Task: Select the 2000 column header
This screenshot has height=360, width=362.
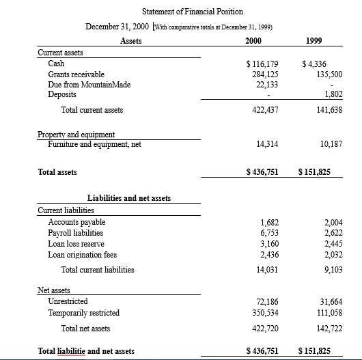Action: [253, 41]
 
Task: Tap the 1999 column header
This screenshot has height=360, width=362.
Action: [315, 41]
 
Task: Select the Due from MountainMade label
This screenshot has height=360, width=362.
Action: [89, 84]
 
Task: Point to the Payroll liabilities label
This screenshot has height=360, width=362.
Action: [76, 233]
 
